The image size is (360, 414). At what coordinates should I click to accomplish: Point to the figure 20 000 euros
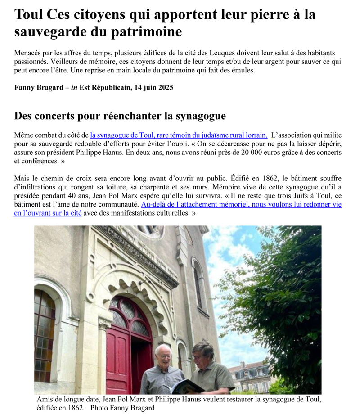(x=243, y=153)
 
